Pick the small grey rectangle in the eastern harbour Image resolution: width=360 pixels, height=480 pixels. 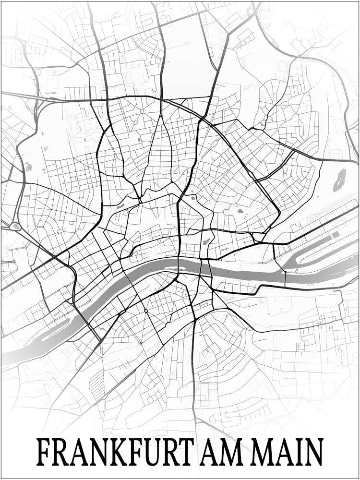335,234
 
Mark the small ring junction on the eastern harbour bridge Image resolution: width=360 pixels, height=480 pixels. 285,272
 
